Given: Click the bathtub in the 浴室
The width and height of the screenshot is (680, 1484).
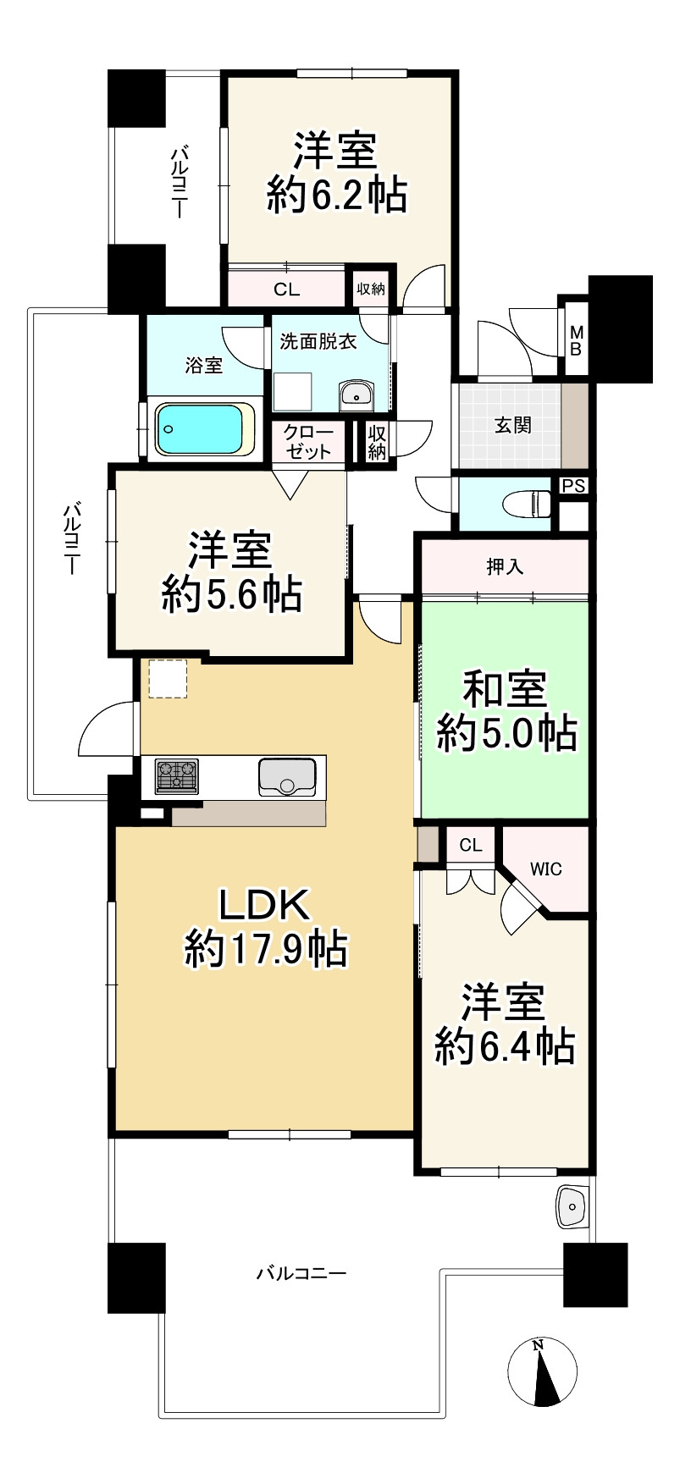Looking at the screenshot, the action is coord(207,428).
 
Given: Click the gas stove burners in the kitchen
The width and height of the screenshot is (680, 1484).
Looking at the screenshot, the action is coord(176,776).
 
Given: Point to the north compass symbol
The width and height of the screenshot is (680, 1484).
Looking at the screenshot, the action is coord(543,1372).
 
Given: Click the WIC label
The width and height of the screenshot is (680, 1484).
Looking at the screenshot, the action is coord(545,869).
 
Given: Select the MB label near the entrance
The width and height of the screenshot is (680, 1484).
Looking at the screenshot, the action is coord(575,339).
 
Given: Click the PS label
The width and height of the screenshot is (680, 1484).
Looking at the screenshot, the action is coord(573,486).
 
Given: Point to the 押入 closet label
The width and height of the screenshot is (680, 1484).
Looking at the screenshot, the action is coord(505,566).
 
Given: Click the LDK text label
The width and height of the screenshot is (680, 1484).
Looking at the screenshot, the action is coord(266,905).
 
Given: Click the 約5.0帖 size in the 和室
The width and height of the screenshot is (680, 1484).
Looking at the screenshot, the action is coord(506,733).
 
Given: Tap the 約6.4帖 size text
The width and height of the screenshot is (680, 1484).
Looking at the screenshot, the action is coord(505,1046).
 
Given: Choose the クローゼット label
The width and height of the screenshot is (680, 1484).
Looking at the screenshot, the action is coord(309,442).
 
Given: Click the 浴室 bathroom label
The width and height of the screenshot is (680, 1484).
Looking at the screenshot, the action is coord(204,365).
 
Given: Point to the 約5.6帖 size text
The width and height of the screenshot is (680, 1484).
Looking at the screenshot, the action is coord(231,594).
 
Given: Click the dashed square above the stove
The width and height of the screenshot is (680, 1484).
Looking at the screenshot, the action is coord(168,678).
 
